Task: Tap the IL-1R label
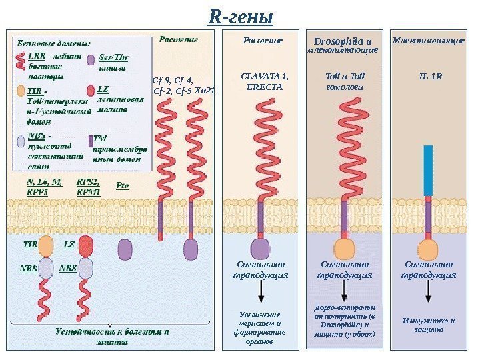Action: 431,76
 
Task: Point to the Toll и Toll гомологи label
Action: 343,81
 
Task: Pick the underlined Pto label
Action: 123,185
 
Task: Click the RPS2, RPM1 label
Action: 88,186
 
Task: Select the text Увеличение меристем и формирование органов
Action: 260,327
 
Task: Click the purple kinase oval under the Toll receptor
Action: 344,248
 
